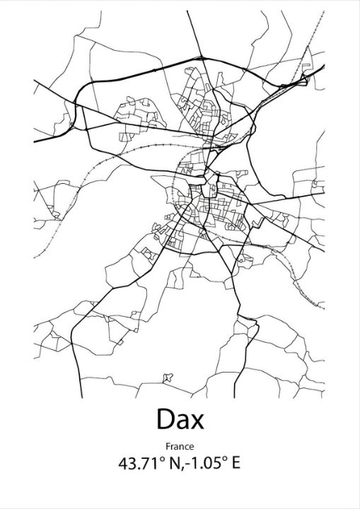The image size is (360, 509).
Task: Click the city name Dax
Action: (x=180, y=419)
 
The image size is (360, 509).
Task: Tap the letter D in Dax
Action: (x=165, y=419)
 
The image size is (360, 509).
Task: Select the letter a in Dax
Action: (x=181, y=422)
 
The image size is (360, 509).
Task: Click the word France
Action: (x=180, y=446)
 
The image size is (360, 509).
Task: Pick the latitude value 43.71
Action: (x=139, y=464)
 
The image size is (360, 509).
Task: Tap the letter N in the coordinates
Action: (x=174, y=464)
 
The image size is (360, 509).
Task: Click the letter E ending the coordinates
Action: (x=236, y=464)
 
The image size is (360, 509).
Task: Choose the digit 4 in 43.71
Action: (x=124, y=464)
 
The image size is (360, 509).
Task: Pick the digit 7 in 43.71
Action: (x=146, y=464)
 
